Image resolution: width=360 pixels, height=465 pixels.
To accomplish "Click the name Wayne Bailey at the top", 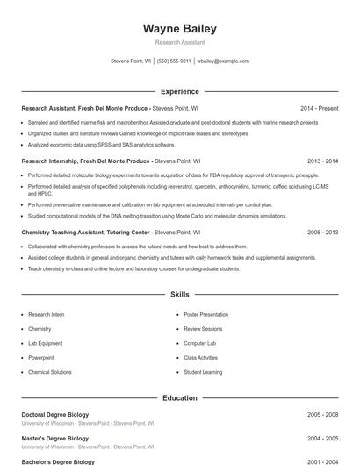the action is [179, 29].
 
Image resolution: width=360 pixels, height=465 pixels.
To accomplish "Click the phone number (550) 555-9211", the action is [174, 61].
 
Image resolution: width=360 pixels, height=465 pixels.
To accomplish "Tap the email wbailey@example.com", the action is [223, 61].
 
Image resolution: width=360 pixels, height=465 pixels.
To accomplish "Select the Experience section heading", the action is [179, 91].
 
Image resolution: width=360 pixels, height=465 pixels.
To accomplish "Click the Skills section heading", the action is [179, 295].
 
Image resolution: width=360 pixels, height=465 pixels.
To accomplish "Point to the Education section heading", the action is [179, 397].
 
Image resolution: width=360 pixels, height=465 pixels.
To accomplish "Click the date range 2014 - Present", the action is [319, 108].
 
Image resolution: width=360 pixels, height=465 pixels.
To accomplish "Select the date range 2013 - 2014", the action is [322, 161].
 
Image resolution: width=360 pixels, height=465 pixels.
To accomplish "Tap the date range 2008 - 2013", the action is [322, 232].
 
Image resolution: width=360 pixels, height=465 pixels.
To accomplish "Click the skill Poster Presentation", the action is [205, 314].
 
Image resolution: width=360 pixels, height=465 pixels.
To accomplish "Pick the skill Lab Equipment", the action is [45, 343].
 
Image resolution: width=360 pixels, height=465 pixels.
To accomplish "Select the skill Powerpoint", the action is [40, 358].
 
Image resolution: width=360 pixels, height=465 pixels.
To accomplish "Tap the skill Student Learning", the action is [203, 372].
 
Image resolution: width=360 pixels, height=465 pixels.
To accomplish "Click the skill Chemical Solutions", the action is [50, 372].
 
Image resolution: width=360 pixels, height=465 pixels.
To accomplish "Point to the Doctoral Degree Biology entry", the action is [57, 414].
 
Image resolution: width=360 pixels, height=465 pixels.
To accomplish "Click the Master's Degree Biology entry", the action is [54, 438].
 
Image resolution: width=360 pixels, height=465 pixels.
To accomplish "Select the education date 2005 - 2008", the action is [322, 414].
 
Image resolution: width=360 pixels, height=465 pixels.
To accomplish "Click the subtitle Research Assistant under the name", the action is [179, 42].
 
